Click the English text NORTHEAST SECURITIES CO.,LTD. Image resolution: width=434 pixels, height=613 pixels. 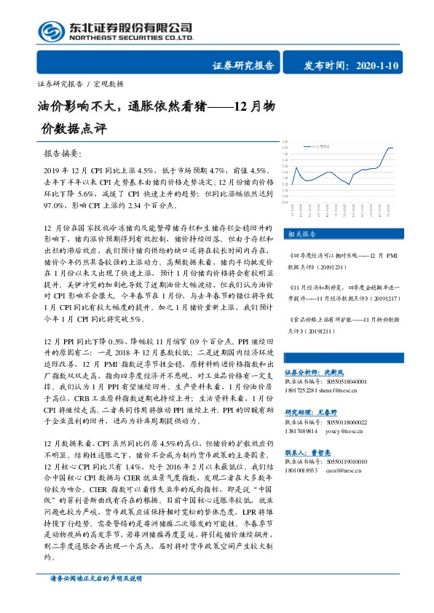132,37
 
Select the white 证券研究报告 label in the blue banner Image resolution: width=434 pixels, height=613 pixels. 244,66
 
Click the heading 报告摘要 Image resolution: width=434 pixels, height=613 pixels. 64,154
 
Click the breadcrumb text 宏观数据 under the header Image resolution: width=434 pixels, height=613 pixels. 108,83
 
